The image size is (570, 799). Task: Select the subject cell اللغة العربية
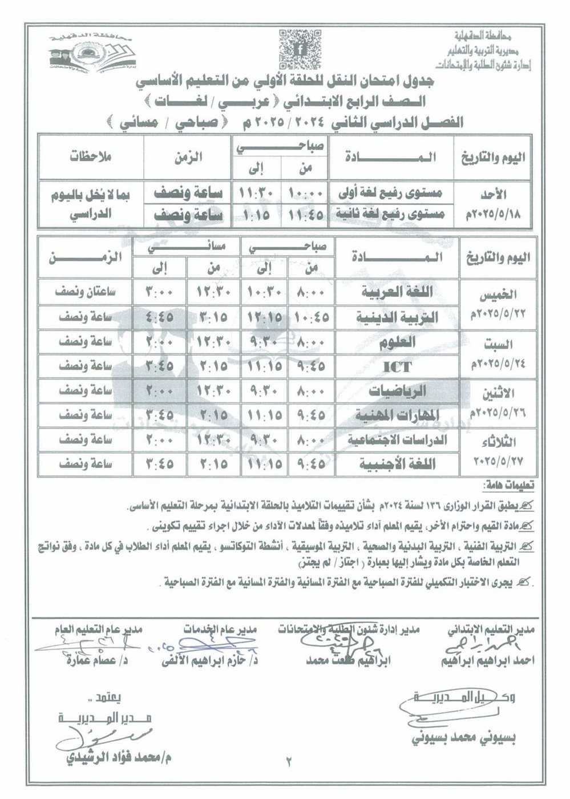pos(398,292)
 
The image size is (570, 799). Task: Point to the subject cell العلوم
pos(398,344)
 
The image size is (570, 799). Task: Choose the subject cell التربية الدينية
pos(398,318)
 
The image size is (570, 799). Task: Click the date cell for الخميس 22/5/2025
pos(496,305)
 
